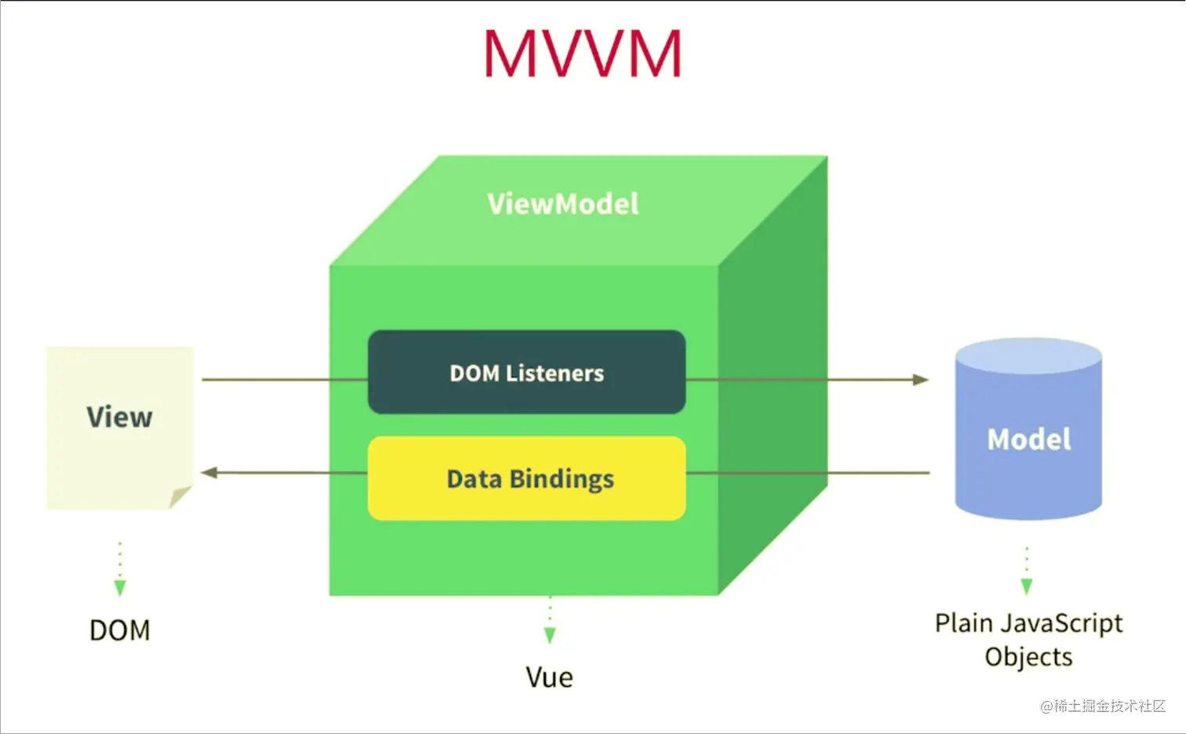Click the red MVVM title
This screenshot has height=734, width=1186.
(582, 53)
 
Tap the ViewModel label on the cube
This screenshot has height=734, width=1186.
(562, 204)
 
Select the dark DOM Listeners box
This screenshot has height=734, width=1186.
(526, 373)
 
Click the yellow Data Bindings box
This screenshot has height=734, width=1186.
(526, 479)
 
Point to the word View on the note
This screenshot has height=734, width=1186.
(119, 417)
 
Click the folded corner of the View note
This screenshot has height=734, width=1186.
(180, 497)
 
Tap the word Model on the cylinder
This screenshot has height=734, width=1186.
(1028, 440)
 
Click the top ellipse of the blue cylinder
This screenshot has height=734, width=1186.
(1028, 356)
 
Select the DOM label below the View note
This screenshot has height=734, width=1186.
(119, 630)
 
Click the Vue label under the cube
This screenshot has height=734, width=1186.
(549, 677)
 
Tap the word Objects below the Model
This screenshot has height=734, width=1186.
(1028, 656)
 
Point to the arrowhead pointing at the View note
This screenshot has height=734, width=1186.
(209, 473)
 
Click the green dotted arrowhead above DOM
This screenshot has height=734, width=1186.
(120, 587)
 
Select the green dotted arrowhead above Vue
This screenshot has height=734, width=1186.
(550, 634)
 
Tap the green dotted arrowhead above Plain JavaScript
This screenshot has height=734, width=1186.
(1027, 586)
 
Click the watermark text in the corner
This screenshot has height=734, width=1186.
(1103, 706)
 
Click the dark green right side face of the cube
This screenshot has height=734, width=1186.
(773, 377)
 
